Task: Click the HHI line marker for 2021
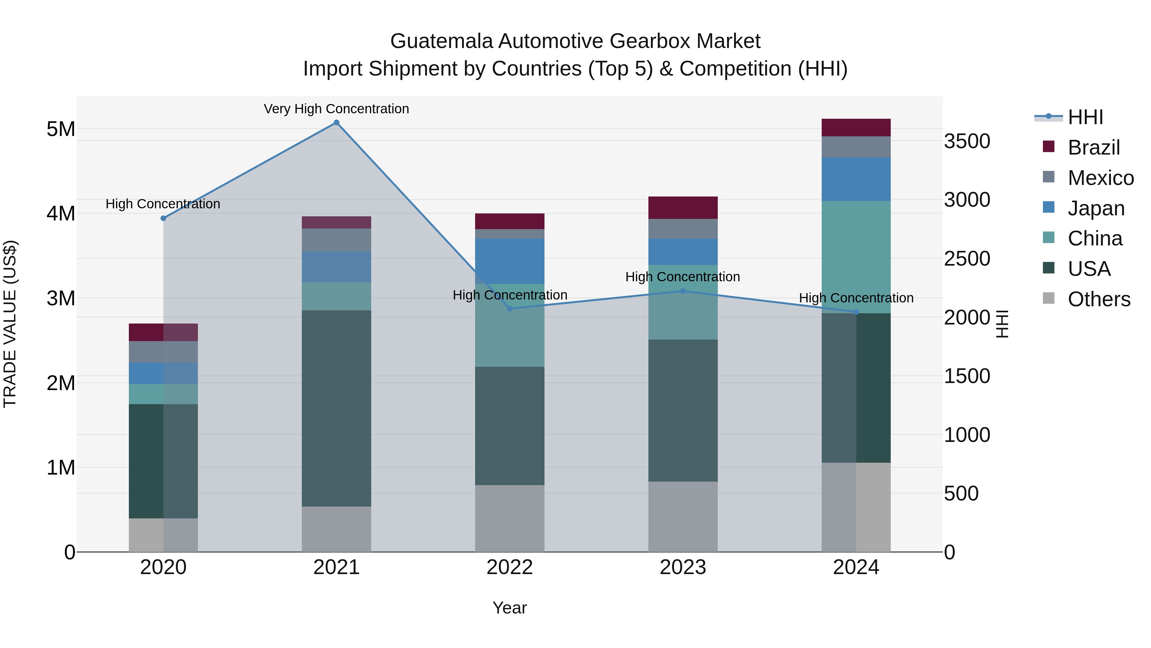tap(336, 123)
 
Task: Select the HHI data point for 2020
tap(163, 218)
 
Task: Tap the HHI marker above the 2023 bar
tap(683, 291)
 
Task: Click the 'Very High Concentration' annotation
tap(336, 109)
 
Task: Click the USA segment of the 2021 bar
tap(336, 408)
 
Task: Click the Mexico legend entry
tap(1100, 178)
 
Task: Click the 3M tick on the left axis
tap(61, 298)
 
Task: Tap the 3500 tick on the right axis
tap(967, 141)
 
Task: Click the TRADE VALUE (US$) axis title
tap(10, 324)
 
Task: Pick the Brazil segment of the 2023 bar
tap(683, 207)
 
